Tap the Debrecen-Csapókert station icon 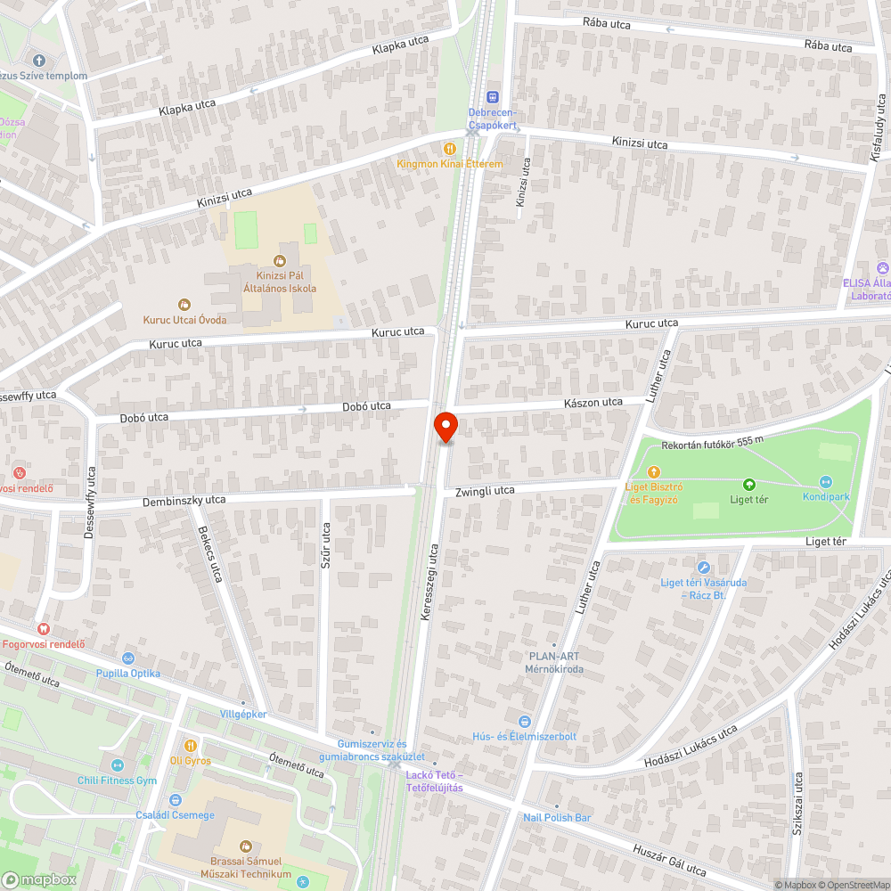point(493,97)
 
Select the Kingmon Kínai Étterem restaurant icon point(450,149)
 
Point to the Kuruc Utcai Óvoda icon point(184,305)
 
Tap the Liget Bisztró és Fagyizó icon point(654,471)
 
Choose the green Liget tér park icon point(749,485)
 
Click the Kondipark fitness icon point(826,481)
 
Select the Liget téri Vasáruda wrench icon point(704,568)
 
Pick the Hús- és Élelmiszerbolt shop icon point(525,721)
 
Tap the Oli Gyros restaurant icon point(190,745)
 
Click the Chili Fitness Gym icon point(117,765)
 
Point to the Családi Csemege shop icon point(174,800)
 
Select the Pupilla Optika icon point(128,658)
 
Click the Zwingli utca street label point(485,491)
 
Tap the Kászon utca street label point(593,403)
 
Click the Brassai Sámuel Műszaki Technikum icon point(246,846)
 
